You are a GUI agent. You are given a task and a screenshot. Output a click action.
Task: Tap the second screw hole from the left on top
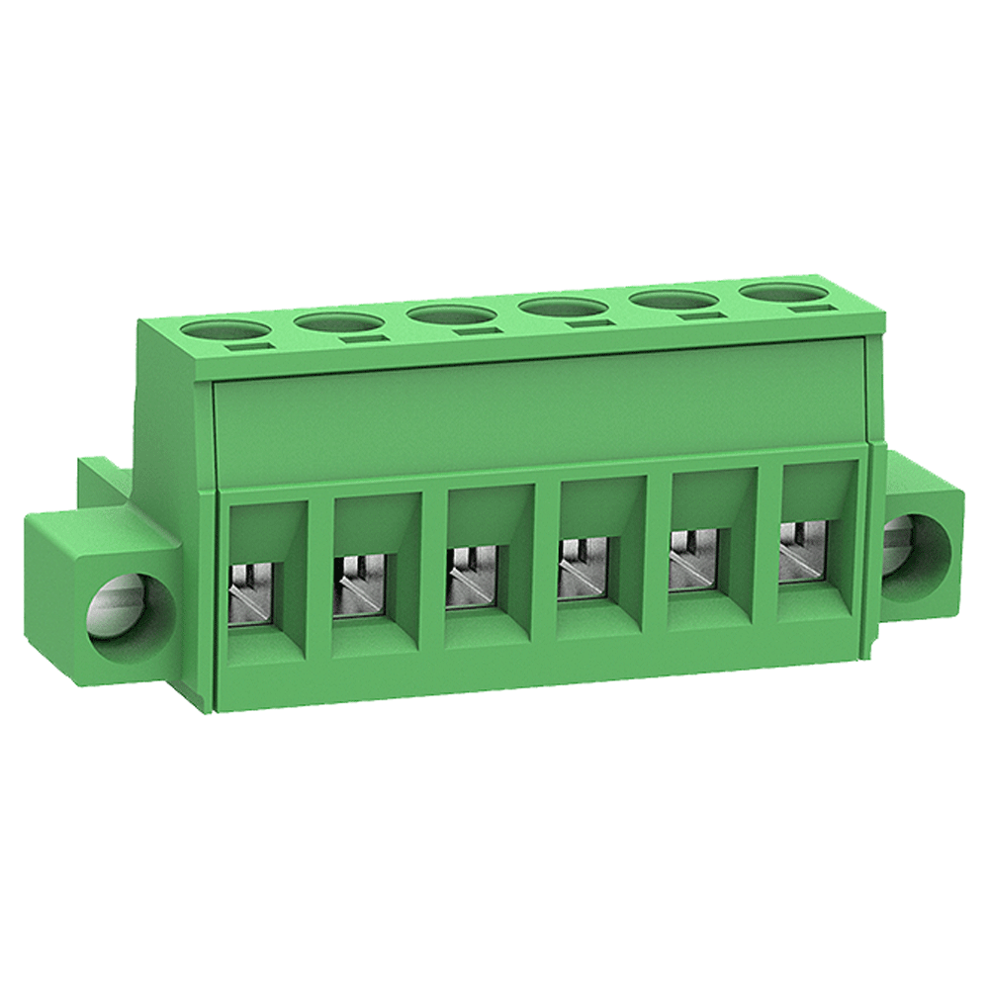click(x=338, y=322)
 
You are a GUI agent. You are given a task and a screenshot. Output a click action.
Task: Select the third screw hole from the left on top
click(x=451, y=315)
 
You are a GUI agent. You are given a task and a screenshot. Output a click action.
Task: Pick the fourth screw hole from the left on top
click(x=566, y=308)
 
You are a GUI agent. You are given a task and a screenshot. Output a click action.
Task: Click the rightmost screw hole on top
click(x=783, y=292)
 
